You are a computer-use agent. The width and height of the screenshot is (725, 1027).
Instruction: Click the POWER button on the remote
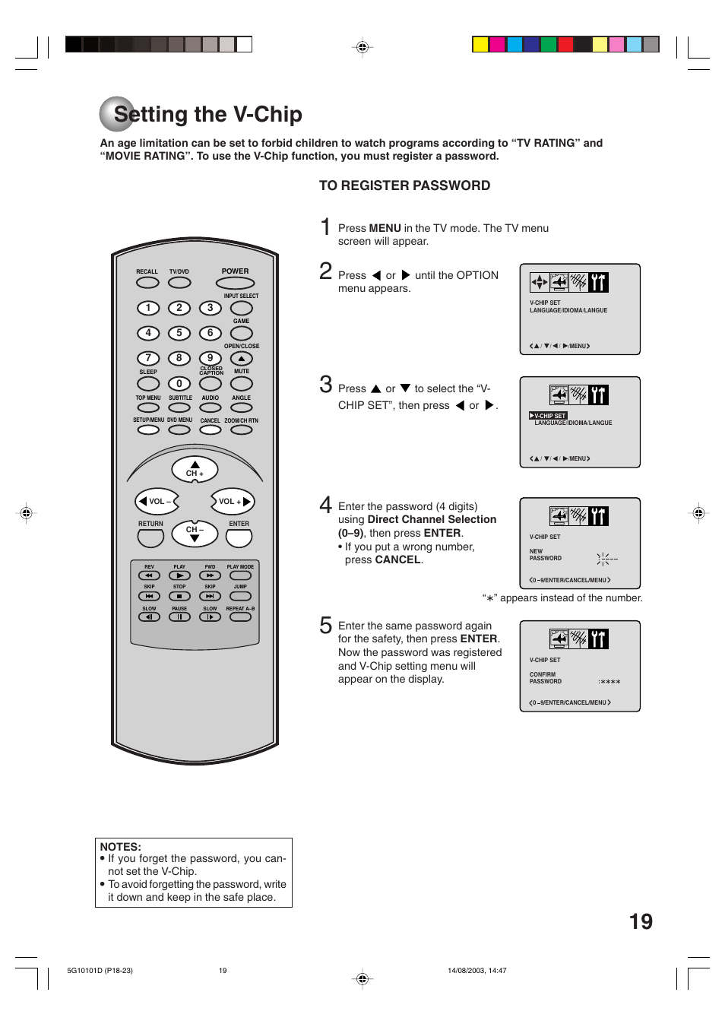235,284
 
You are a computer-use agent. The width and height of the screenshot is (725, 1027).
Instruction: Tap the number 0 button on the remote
179,384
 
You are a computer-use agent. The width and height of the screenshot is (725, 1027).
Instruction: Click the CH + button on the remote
195,469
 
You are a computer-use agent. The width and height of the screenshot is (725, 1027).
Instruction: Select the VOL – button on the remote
157,502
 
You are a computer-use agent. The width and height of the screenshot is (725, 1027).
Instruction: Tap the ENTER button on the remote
239,537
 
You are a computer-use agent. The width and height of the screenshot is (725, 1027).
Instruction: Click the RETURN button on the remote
150,537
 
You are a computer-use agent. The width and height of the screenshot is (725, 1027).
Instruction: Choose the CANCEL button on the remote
211,430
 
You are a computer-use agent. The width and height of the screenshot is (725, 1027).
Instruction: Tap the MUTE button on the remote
242,384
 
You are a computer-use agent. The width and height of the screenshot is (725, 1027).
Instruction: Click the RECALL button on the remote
147,283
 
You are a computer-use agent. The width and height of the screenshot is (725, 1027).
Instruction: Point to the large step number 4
326,505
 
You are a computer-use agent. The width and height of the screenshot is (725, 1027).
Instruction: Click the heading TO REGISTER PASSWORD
404,185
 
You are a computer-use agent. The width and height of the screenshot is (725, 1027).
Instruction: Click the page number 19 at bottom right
641,921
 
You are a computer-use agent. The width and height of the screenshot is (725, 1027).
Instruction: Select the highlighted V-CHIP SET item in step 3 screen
549,416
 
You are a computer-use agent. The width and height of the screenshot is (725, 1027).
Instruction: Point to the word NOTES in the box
120,847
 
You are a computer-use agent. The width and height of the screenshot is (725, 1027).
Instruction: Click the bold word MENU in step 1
385,228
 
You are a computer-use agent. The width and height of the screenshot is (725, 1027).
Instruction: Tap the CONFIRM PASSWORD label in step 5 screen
545,678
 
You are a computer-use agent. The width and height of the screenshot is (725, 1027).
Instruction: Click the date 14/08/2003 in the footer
464,971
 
